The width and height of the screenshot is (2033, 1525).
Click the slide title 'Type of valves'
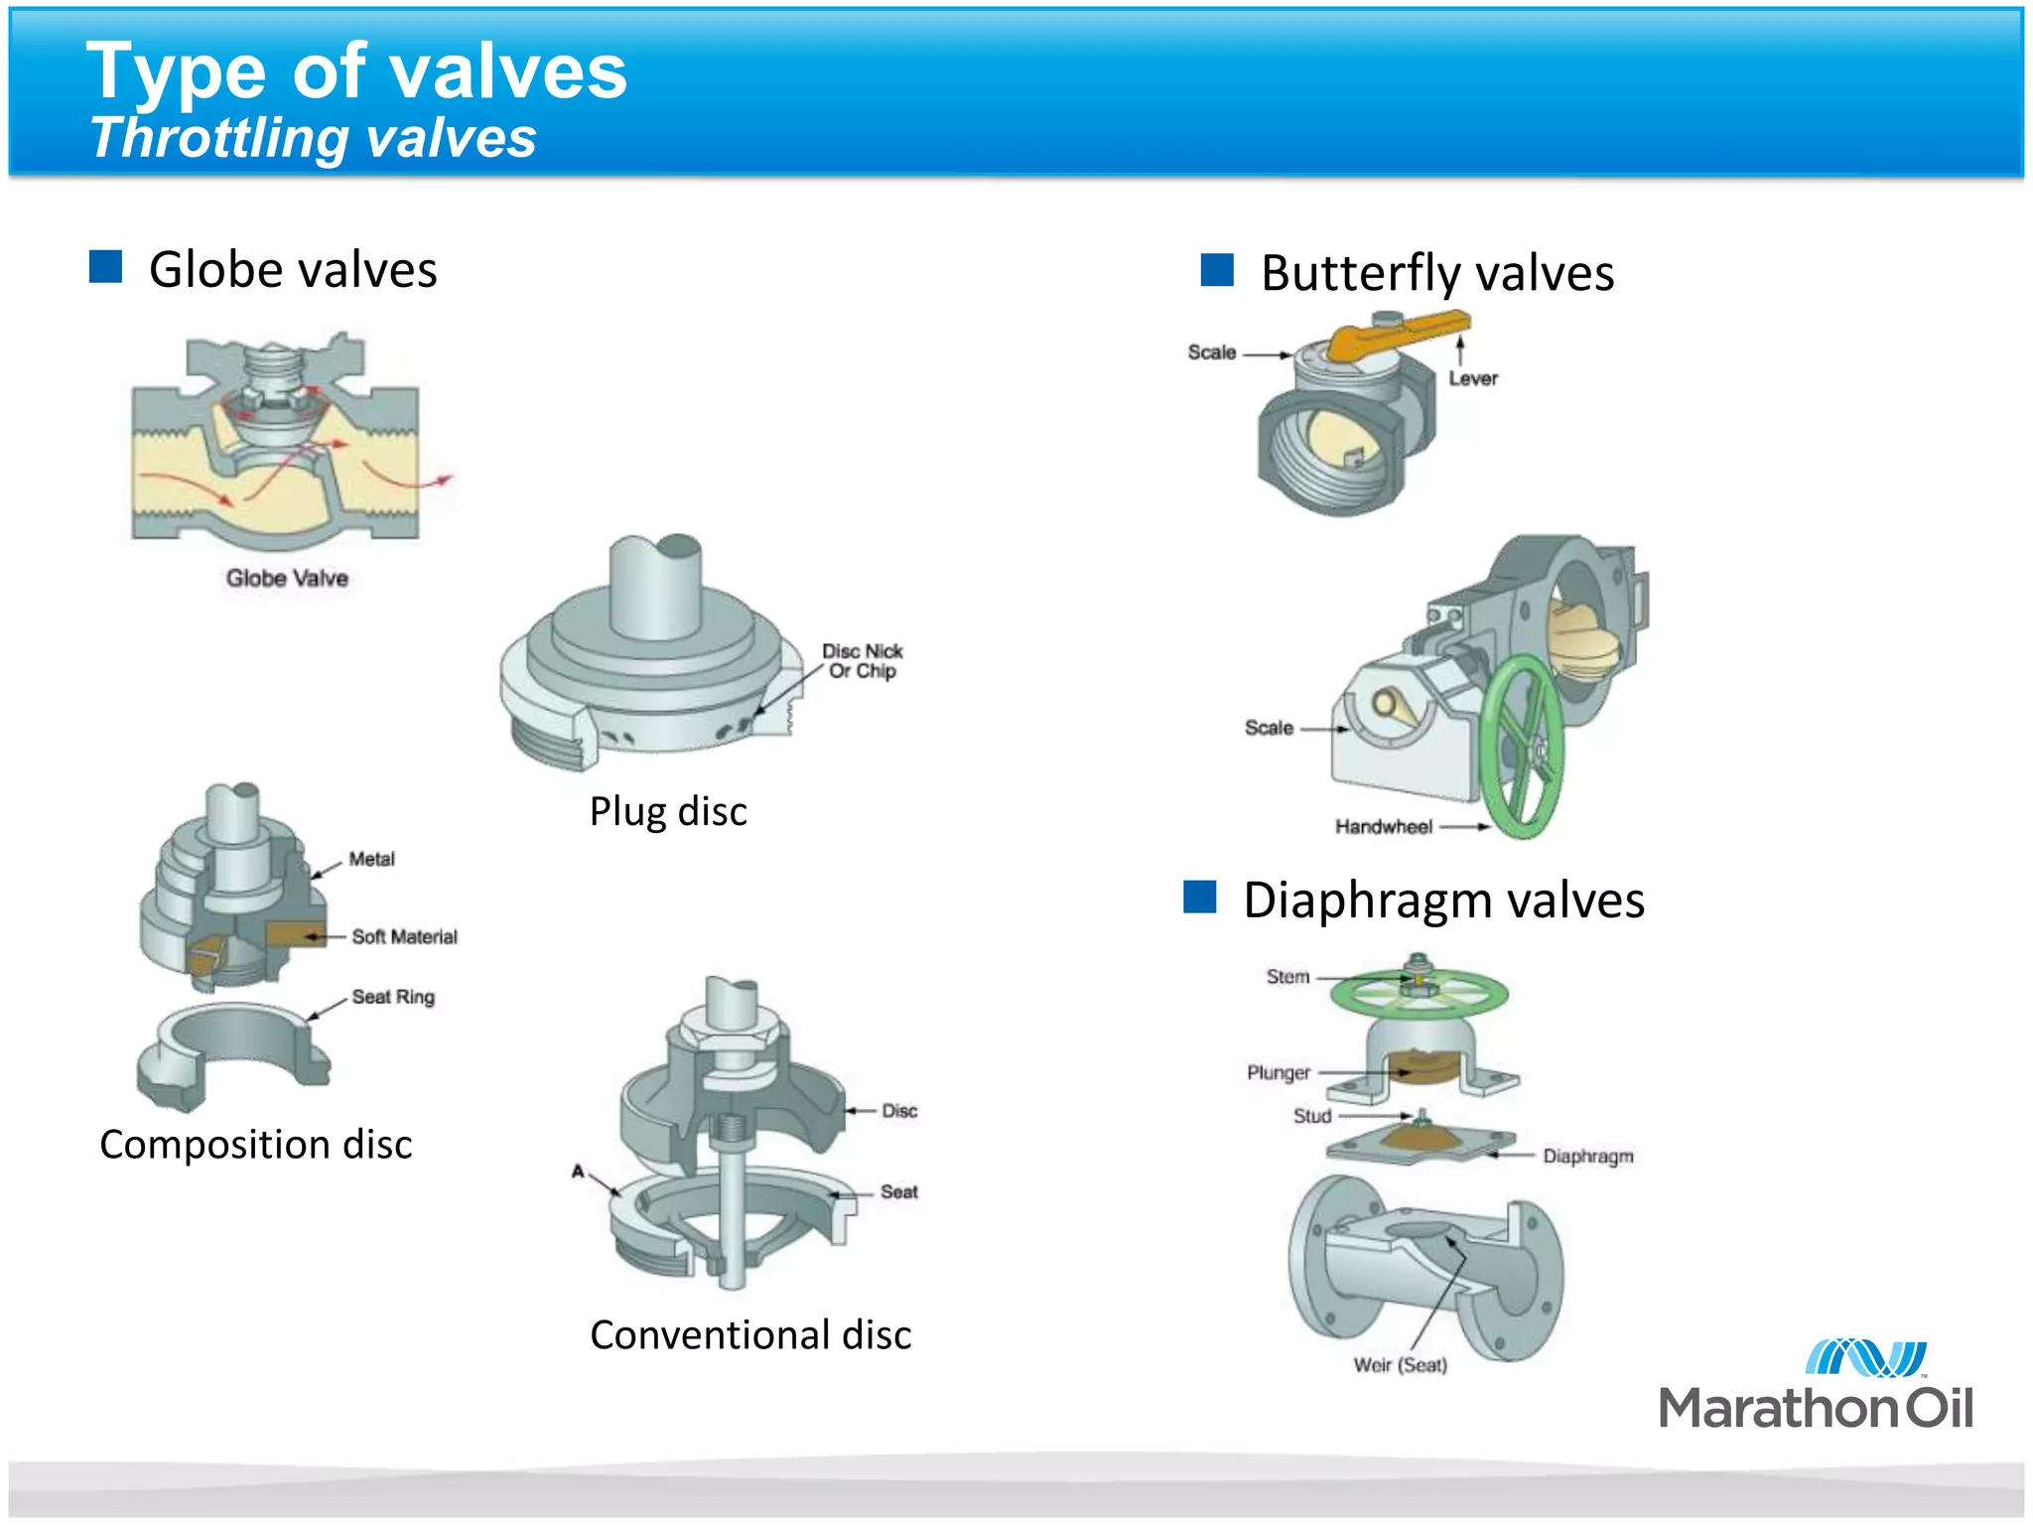pos(356,71)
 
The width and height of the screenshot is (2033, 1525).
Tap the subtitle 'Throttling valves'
pos(313,137)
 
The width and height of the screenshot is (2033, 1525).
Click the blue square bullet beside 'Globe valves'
pos(105,267)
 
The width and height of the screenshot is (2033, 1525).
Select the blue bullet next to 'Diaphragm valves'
pos(1200,897)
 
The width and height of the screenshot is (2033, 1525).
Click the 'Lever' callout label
pos(1472,378)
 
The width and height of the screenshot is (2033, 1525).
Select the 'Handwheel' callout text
pos(1383,826)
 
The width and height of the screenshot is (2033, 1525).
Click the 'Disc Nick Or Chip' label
pos(862,661)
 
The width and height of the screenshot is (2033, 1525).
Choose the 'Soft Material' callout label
pos(404,936)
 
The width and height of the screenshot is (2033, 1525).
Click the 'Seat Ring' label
pos(393,997)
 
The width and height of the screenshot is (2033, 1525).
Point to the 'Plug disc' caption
pos(668,811)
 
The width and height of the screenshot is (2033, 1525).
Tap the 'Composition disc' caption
pos(255,1145)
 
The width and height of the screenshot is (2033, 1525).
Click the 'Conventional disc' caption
pos(750,1335)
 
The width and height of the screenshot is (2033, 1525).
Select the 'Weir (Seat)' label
pos(1400,1365)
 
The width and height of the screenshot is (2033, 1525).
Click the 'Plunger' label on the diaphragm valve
pos(1279,1072)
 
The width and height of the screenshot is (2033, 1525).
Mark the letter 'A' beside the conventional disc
pos(578,1172)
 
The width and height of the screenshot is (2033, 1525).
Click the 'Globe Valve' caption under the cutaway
pos(287,578)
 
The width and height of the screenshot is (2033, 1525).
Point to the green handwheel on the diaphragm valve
pos(1420,993)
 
